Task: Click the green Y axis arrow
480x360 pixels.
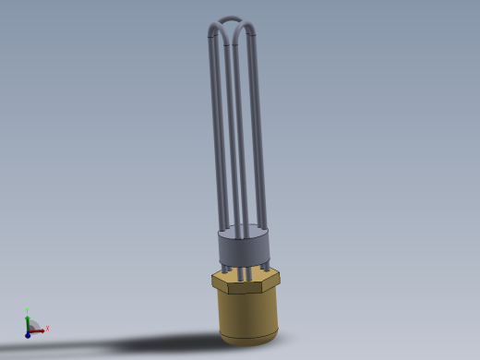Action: [x=27, y=318]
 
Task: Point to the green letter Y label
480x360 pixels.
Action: [x=27, y=310]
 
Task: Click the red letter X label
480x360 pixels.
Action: [x=47, y=329]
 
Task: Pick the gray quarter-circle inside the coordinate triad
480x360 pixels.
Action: [x=32, y=326]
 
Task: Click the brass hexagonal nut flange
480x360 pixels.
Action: [x=246, y=279]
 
